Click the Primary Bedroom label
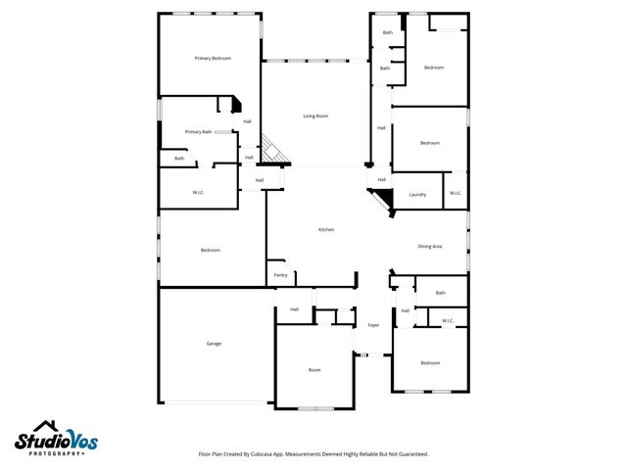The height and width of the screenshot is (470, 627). (x=213, y=59)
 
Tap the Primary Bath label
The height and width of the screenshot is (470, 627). (x=198, y=131)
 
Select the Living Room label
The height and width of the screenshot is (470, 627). (x=314, y=116)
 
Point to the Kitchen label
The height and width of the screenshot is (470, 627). (x=326, y=229)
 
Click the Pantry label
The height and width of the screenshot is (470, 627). (x=280, y=275)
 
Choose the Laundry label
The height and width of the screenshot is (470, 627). (x=417, y=194)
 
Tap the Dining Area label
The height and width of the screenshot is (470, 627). (x=430, y=246)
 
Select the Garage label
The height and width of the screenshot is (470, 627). (x=214, y=344)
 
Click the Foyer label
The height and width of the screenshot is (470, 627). (x=373, y=325)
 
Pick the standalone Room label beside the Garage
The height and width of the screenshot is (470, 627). (x=314, y=370)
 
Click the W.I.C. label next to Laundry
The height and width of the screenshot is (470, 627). (x=456, y=193)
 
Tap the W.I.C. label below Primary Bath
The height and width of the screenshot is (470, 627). (x=197, y=193)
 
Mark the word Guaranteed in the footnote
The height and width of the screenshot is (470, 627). (x=410, y=454)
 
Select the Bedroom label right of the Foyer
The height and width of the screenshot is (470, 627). (x=430, y=363)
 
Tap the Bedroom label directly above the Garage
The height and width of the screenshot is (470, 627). (x=210, y=251)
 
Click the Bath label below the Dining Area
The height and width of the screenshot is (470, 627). (x=440, y=293)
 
